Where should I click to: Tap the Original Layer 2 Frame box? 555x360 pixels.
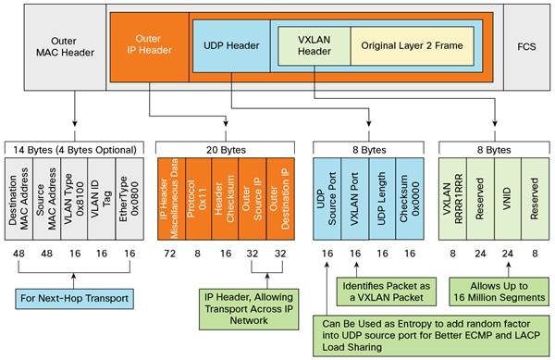[x=410, y=45]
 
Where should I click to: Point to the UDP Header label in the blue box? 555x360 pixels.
[x=231, y=45]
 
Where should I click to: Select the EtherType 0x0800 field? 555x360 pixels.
[x=128, y=189]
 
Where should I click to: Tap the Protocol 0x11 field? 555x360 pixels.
[x=197, y=189]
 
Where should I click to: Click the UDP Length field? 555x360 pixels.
[x=382, y=189]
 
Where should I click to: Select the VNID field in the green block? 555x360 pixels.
[x=506, y=189]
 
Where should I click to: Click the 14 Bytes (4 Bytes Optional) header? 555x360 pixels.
[x=75, y=149]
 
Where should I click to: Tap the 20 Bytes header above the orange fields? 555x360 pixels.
[x=224, y=149]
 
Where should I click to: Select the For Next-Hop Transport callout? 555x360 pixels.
[x=75, y=298]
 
